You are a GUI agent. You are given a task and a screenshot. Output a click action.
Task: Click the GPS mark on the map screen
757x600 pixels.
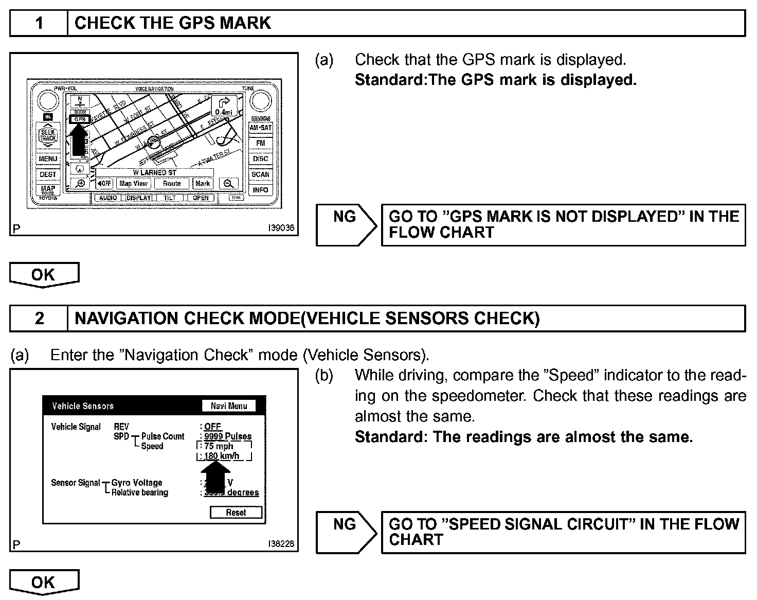click(80, 119)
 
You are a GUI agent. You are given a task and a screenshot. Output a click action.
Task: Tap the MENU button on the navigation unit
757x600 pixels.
click(48, 159)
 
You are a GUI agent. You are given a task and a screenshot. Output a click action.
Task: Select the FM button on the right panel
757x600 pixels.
click(260, 143)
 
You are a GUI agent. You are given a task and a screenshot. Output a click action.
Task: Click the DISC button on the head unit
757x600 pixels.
click(260, 159)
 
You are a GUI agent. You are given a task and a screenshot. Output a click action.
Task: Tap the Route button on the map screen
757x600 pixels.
click(172, 184)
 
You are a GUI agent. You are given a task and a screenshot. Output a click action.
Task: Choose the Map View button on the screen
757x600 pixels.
click(133, 184)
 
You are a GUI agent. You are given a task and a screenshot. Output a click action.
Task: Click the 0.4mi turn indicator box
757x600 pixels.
click(224, 105)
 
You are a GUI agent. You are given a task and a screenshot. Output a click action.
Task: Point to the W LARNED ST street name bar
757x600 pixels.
click(154, 173)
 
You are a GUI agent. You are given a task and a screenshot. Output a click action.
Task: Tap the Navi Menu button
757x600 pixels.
click(229, 406)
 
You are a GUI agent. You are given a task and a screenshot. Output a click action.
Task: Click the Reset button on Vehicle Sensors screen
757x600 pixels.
click(236, 513)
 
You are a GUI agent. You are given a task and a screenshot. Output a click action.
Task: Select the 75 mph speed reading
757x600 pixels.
click(219, 446)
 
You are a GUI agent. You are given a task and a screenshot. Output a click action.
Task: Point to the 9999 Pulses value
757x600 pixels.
click(228, 436)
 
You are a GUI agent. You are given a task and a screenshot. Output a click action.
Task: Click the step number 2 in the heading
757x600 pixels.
click(39, 319)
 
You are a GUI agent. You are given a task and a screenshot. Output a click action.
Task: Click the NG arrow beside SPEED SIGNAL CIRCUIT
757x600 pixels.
click(346, 532)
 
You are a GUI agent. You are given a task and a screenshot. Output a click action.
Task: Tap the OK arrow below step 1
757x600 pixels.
click(44, 275)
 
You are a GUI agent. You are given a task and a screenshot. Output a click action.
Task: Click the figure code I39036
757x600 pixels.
click(281, 227)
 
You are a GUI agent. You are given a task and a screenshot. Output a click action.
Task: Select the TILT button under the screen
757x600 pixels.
click(170, 198)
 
